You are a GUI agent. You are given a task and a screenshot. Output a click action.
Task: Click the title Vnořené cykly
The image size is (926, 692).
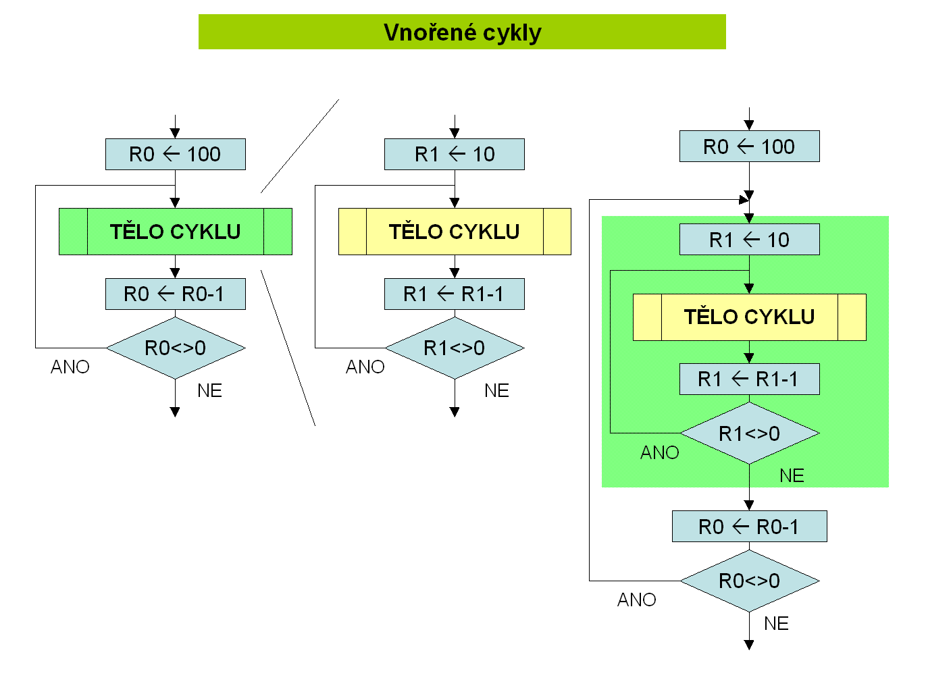462,32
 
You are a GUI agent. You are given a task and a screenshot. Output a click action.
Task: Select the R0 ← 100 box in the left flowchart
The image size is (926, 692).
176,155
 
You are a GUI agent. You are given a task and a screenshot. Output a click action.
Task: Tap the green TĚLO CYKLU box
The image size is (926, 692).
176,232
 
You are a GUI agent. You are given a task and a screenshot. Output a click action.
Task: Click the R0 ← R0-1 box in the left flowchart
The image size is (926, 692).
176,294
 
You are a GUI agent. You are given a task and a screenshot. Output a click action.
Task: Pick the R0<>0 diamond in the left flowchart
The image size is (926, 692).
176,348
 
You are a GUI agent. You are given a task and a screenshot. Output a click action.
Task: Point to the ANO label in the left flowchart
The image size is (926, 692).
70,367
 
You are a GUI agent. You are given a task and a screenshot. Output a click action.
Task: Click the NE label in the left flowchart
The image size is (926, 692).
209,390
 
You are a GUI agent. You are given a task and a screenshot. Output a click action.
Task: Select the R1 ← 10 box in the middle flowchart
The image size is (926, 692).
455,155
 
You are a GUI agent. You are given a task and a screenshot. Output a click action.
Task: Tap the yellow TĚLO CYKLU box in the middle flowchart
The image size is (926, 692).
455,232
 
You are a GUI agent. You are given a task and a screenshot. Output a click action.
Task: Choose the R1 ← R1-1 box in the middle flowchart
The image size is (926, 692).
455,294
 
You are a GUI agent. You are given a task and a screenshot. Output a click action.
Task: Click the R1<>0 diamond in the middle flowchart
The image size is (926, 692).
455,348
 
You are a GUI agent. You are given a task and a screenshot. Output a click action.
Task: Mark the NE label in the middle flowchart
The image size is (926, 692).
496,390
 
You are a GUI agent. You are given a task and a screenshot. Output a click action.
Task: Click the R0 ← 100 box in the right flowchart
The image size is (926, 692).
749,147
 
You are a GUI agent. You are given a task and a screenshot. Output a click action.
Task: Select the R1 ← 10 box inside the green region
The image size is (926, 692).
749,240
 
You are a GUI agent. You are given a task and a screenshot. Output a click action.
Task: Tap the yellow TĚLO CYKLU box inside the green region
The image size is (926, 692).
749,317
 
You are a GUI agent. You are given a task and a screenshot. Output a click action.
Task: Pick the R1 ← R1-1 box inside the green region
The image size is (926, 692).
749,379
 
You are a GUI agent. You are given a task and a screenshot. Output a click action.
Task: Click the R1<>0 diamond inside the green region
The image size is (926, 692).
749,433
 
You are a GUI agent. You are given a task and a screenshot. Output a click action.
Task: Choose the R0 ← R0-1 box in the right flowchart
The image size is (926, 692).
749,527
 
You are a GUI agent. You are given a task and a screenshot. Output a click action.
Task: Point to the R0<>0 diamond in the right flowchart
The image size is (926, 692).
749,581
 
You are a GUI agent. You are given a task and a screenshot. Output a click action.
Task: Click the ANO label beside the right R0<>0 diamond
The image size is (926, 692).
637,600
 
